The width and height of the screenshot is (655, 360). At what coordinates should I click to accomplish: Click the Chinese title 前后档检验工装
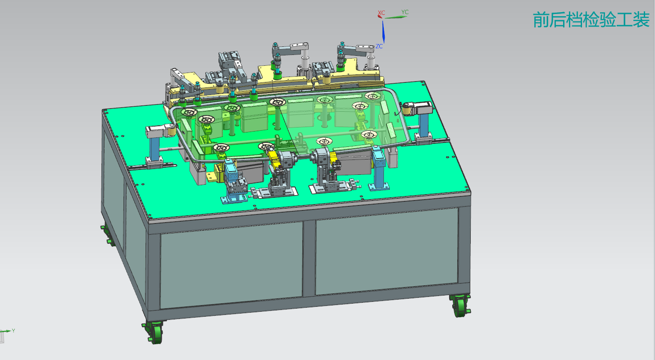[591, 20]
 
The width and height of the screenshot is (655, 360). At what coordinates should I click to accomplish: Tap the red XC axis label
[381, 13]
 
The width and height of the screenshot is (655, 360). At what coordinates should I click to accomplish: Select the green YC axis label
[405, 12]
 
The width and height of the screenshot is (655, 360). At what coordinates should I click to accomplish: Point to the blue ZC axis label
[379, 46]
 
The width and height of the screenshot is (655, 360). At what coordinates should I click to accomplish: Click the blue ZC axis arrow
[383, 32]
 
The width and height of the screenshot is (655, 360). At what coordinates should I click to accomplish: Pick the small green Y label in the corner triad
[13, 330]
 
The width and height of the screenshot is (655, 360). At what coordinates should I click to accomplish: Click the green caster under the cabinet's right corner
[460, 305]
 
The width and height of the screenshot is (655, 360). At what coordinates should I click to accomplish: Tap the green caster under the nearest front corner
[154, 332]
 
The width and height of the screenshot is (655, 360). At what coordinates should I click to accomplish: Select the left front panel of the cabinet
[231, 265]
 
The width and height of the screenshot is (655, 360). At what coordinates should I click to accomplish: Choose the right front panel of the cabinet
[387, 251]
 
